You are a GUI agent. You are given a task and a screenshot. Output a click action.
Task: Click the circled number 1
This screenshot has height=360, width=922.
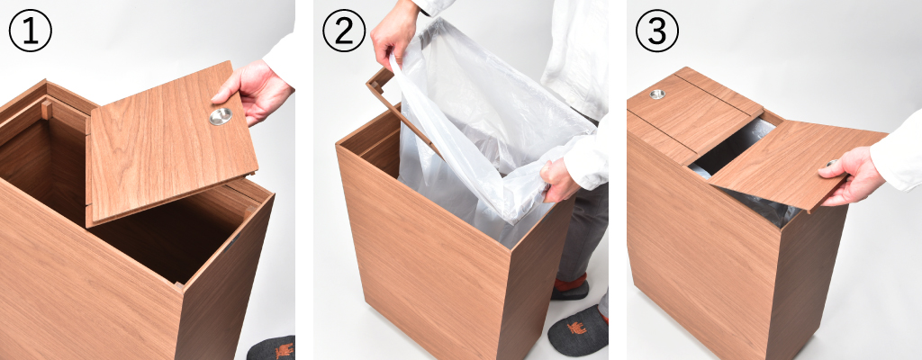pyautogui.click(x=30, y=31)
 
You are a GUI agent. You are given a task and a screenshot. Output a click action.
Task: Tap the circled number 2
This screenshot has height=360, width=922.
pyautogui.click(x=343, y=31)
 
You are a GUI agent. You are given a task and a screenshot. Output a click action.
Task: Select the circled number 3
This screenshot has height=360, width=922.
pyautogui.click(x=656, y=31)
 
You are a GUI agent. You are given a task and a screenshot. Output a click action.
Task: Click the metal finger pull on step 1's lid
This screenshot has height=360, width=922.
pyautogui.click(x=220, y=116)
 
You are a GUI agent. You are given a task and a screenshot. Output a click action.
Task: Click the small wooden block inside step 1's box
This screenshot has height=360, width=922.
pyautogui.click(x=47, y=109)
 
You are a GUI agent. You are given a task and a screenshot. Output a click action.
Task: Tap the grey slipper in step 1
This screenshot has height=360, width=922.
pyautogui.click(x=272, y=348)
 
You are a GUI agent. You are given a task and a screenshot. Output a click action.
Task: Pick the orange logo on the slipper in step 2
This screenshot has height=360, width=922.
pyautogui.click(x=577, y=328)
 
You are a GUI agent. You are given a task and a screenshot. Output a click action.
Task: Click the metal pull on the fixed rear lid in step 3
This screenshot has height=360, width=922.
pyautogui.click(x=656, y=94)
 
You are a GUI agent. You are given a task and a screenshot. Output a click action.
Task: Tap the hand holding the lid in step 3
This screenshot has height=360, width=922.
pyautogui.click(x=845, y=175)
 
